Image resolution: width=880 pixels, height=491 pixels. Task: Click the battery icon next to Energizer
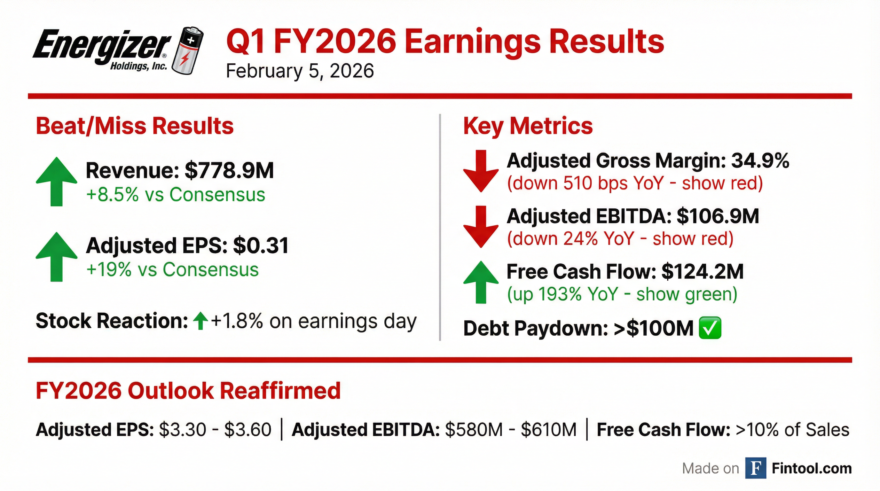187,50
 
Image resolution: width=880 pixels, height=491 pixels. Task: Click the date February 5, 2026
300,71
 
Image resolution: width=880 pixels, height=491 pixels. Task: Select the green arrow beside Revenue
56,182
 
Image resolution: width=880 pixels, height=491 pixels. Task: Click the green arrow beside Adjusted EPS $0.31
56,257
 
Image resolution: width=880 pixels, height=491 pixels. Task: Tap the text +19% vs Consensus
173,269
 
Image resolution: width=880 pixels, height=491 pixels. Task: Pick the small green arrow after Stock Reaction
200,321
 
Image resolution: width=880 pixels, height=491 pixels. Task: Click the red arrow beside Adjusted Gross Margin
481,171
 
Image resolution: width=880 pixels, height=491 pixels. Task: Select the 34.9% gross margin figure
760,160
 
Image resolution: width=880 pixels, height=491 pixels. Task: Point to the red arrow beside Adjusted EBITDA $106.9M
481,227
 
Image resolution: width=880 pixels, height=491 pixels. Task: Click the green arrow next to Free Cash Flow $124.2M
481,282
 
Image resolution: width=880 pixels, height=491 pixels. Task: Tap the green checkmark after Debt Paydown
710,328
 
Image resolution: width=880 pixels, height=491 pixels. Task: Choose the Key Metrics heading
528,126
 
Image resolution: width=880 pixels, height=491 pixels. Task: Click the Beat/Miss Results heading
135,126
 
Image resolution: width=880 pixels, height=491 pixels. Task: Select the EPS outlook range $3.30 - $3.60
215,430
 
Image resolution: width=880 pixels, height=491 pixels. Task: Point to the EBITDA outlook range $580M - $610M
511,430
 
